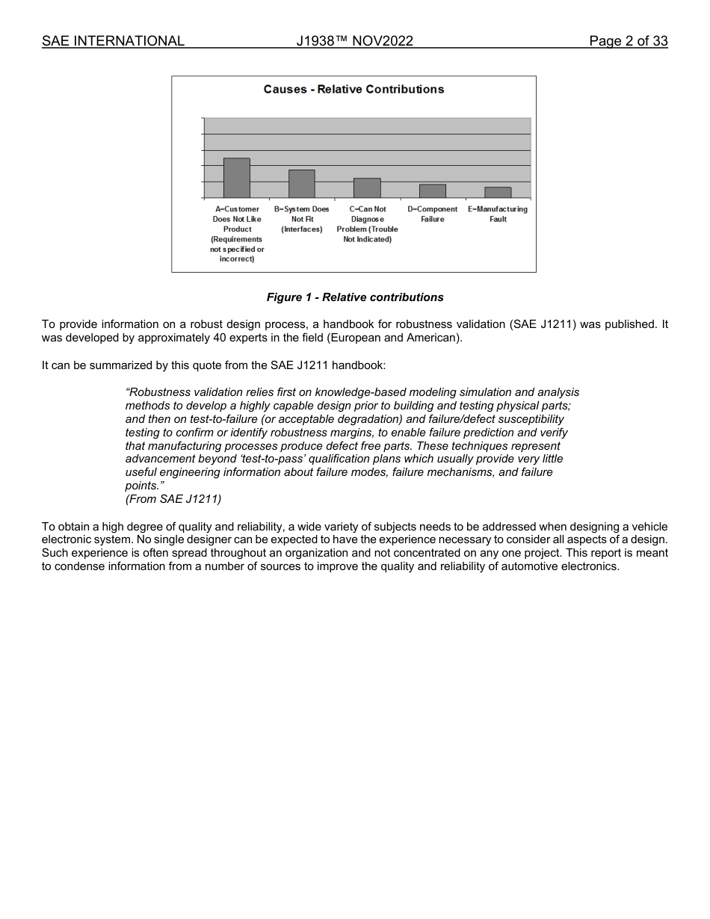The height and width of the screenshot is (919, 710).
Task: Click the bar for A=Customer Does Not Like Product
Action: (237, 178)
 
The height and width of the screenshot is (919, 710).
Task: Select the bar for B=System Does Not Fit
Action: (302, 184)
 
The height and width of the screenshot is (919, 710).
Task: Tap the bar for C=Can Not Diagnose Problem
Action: (367, 188)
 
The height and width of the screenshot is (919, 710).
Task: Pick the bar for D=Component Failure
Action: (432, 191)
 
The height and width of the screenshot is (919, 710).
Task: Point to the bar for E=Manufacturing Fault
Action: (498, 193)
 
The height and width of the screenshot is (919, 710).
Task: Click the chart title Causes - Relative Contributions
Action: (354, 90)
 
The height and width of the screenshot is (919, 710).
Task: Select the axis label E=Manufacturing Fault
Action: (498, 214)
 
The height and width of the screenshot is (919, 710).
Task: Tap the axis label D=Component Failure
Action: (432, 214)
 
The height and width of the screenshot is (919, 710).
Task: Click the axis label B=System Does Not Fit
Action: (302, 219)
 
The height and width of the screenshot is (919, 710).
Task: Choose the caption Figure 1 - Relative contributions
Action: (355, 297)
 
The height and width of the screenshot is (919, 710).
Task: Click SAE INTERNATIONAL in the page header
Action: (113, 41)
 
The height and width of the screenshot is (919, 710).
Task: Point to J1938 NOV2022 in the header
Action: (354, 41)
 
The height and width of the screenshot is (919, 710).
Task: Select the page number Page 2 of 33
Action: (628, 41)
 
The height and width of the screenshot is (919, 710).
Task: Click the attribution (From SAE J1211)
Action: (173, 498)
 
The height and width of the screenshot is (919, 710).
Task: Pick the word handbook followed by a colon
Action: (359, 366)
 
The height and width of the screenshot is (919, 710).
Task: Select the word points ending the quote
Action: (142, 486)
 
